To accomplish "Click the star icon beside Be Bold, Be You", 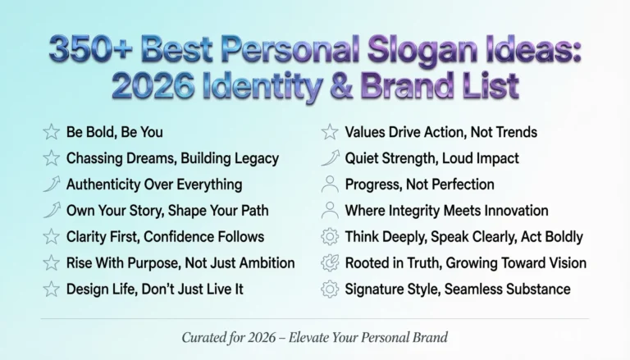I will [x=51, y=132].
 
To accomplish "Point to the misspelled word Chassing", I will [x=94, y=158].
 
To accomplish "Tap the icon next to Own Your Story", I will [x=51, y=211].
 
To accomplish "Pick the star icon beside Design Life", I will [x=51, y=289].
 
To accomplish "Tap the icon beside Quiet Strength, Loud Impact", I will [x=330, y=158].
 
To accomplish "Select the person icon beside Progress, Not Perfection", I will [x=330, y=185].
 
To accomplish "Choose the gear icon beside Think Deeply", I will [x=330, y=237].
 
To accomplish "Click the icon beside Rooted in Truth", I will [x=330, y=263].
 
